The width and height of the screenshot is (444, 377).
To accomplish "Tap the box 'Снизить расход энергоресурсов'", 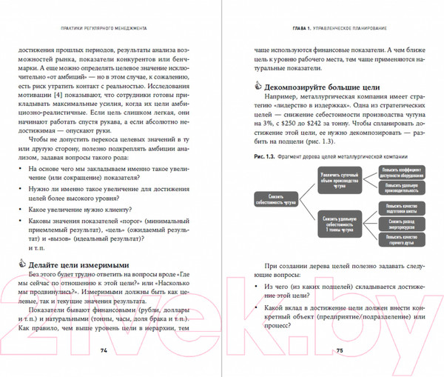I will point(401,221).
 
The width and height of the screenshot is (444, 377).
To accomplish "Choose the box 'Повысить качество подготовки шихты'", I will point(401,207).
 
